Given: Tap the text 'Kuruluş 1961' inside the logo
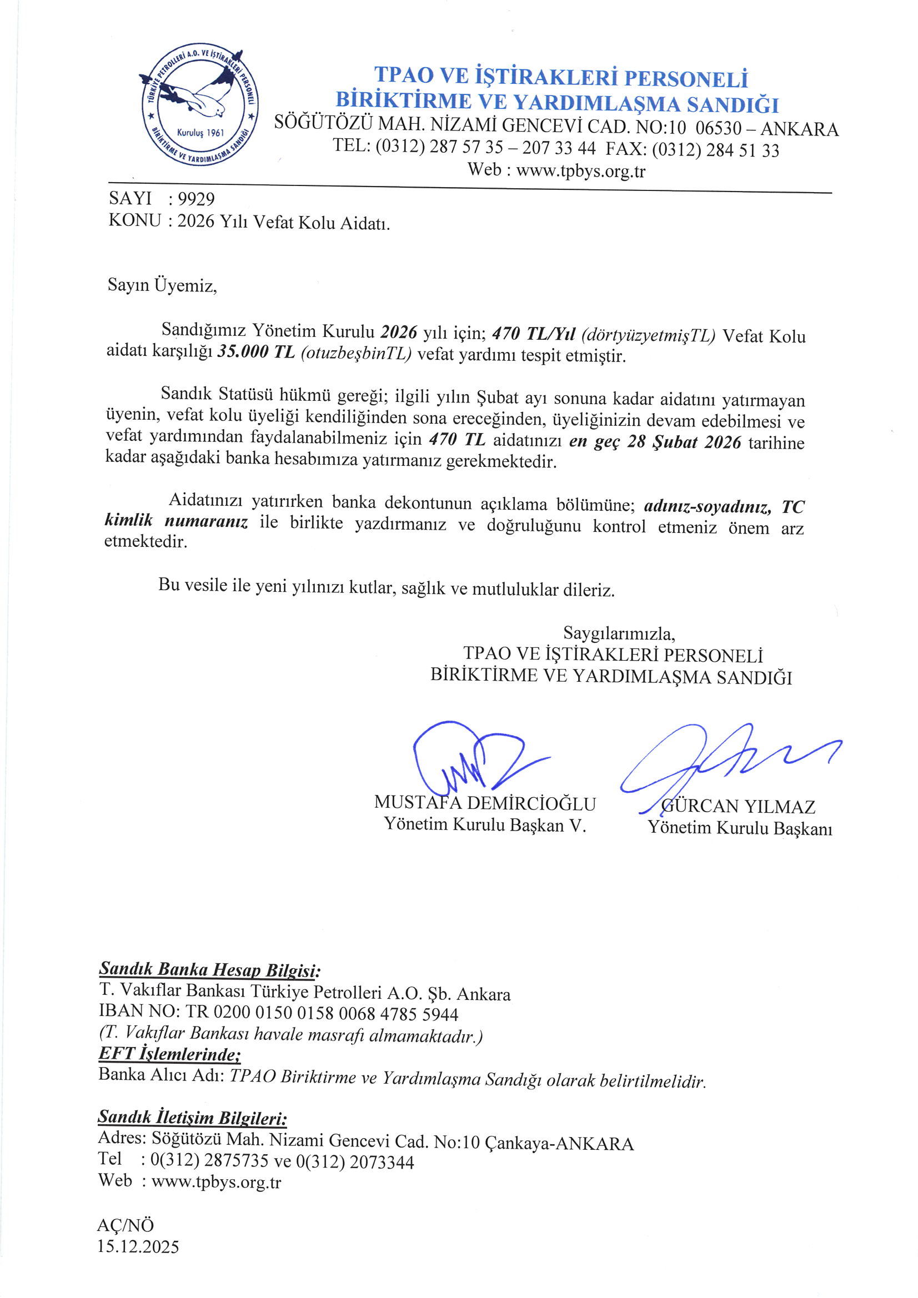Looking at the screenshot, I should (200, 133).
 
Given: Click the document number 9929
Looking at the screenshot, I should (195, 199).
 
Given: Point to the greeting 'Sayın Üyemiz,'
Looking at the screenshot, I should (162, 285).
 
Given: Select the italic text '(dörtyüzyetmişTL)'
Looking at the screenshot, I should (648, 335).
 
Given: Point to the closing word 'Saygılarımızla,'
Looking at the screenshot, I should (619, 633).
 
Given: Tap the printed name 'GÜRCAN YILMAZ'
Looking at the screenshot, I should (738, 806).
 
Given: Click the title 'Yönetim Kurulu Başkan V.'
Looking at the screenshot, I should (485, 825).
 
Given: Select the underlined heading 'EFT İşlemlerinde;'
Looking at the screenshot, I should (170, 1054).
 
